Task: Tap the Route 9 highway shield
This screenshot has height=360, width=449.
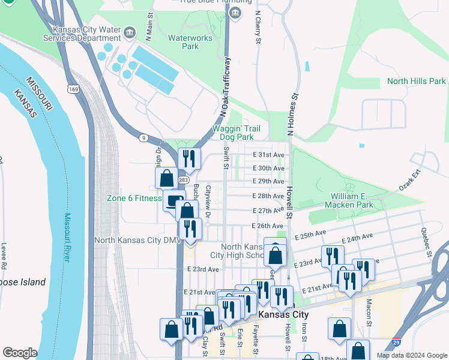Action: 143,138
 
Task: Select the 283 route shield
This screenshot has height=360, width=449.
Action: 184,180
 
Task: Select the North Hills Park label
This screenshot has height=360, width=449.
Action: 417,81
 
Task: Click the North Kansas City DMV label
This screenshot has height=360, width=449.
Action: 137,241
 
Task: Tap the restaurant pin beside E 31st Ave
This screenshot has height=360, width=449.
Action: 189,158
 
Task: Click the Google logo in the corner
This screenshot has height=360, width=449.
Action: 20,353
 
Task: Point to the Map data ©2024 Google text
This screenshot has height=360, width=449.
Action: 412,355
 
